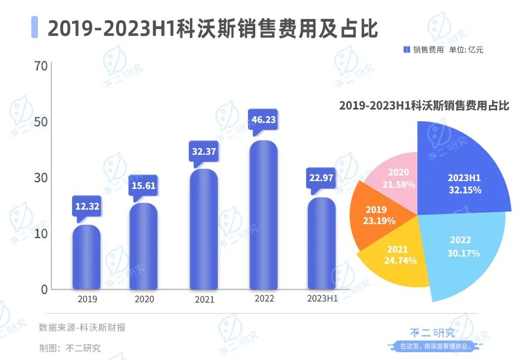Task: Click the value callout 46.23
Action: point(264,120)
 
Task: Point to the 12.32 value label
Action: point(87,206)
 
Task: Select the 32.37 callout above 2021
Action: point(203,151)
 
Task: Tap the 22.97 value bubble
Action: point(322,178)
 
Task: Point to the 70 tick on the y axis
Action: point(40,66)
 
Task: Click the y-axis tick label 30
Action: point(40,178)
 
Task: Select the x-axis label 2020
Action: point(144,299)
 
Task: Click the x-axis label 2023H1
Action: point(322,299)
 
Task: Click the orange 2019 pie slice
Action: point(380,215)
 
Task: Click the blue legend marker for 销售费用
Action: point(407,50)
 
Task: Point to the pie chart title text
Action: point(424,106)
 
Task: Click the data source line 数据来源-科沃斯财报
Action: point(82,328)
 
